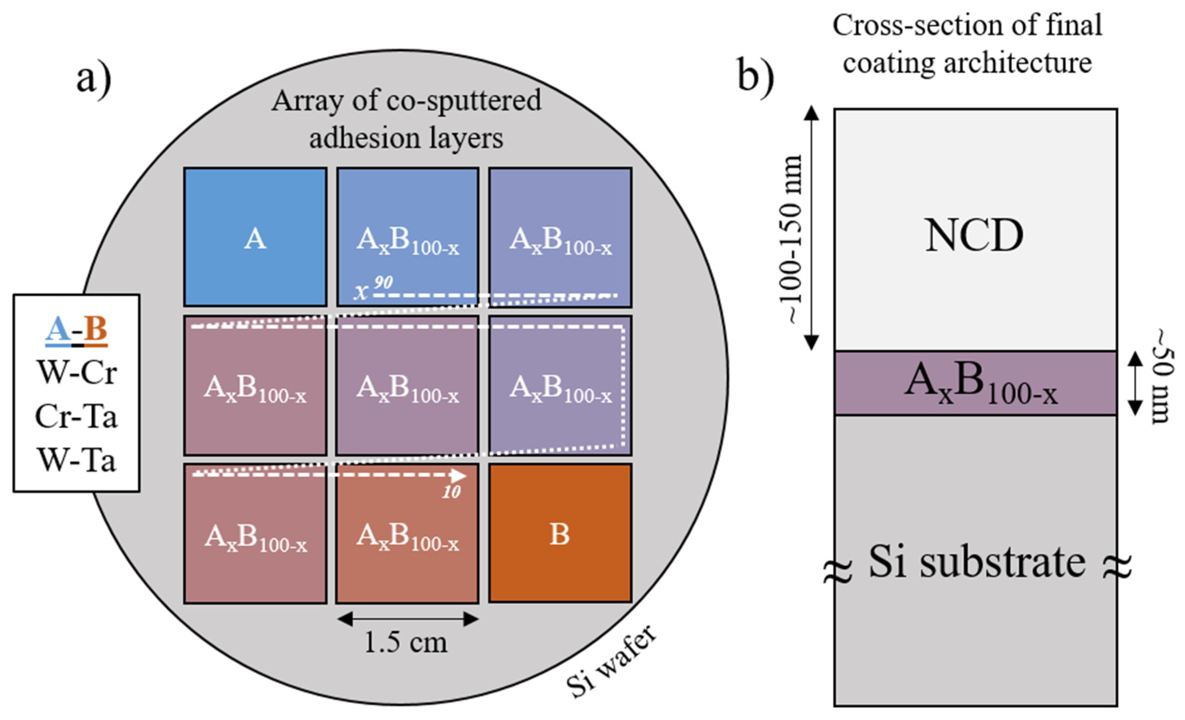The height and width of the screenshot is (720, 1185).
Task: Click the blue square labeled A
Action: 255,237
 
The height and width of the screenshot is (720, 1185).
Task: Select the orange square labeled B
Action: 560,533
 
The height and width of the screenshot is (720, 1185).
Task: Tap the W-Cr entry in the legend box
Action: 77,372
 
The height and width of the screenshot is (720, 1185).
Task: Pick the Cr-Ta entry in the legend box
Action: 77,416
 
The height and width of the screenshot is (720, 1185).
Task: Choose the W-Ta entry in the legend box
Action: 77,460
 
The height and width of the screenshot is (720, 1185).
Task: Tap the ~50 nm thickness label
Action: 1162,376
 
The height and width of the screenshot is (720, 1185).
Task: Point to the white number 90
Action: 383,282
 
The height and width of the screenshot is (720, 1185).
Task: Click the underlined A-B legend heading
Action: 77,330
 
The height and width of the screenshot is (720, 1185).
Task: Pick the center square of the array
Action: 407,385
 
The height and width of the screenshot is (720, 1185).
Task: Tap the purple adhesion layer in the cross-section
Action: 975,383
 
